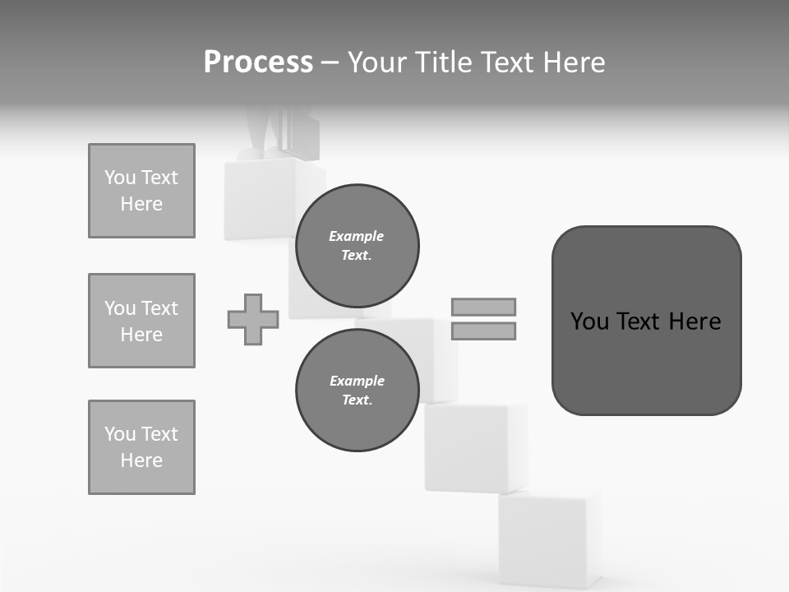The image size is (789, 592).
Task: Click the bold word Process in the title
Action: pos(258,62)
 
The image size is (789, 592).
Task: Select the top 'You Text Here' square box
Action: pos(141,191)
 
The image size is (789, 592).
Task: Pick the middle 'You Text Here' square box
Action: pos(141,321)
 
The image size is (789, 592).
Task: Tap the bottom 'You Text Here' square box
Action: pos(141,447)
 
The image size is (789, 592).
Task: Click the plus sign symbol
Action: pos(253,319)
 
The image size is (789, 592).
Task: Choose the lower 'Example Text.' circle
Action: pos(358,390)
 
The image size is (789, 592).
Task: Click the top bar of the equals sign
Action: pos(483,307)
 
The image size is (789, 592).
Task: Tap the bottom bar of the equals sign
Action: pos(483,331)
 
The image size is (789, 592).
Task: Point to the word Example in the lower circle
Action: pos(358,381)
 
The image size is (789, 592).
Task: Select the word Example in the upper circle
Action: pos(357,236)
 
